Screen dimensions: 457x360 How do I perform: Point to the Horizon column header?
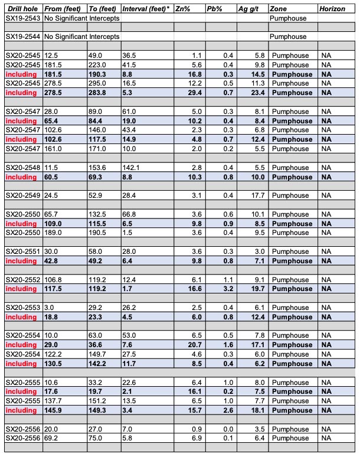point(332,9)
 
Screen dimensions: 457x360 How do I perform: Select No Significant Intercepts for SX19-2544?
point(81,37)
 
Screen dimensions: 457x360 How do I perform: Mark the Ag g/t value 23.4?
point(256,93)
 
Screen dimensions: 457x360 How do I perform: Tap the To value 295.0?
point(96,83)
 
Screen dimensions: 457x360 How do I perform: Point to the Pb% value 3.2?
point(228,289)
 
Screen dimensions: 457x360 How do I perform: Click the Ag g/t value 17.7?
point(256,195)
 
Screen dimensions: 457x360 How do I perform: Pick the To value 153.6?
point(96,168)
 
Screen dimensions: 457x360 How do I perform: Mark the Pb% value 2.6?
point(228,410)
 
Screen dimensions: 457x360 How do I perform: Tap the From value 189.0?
point(52,233)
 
